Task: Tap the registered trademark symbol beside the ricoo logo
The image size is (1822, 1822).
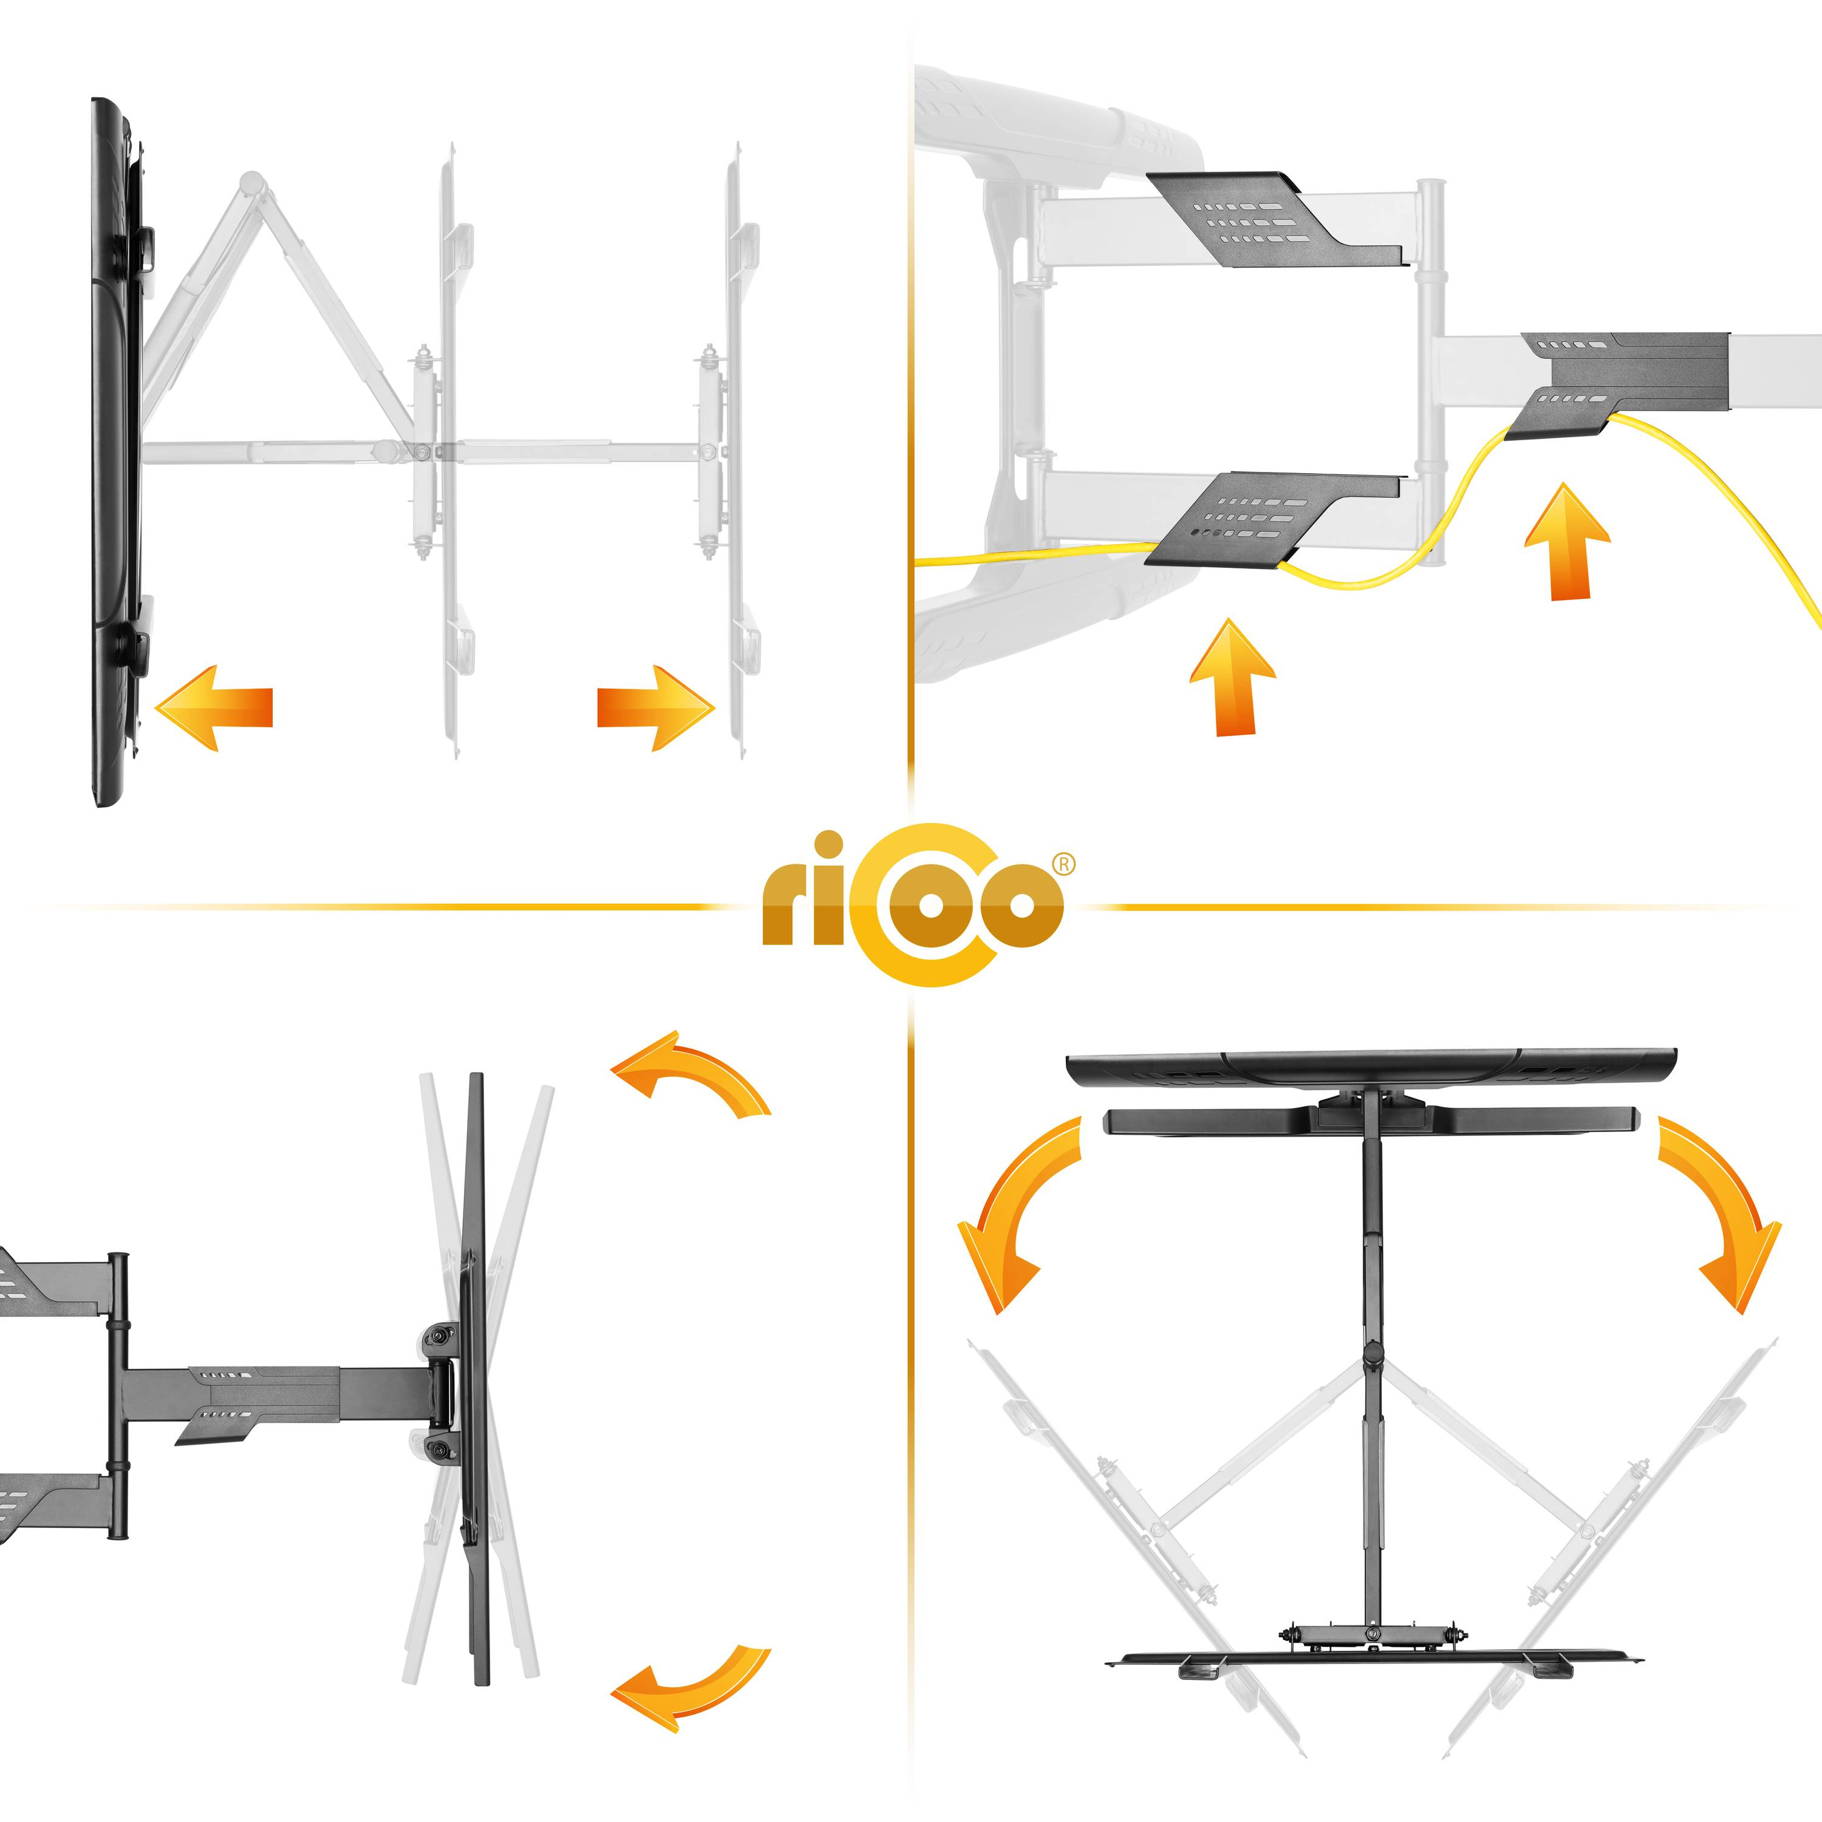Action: [x=1063, y=864]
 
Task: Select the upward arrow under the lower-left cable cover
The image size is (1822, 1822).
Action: [x=1233, y=676]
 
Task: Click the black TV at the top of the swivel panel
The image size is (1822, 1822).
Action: [x=1371, y=1066]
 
